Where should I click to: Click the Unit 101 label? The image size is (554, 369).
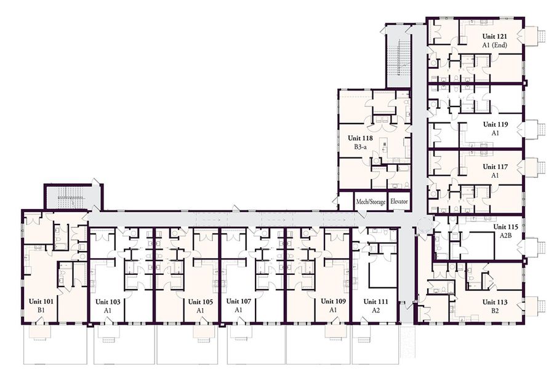point(41,302)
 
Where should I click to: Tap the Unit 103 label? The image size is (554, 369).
point(107,302)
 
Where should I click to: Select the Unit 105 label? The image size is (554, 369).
point(200,302)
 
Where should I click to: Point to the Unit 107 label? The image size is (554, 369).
point(238,302)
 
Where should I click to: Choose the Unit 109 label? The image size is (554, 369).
point(333,302)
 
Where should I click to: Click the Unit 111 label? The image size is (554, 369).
point(375,302)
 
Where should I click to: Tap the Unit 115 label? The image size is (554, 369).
point(507,226)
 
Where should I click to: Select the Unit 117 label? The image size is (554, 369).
point(495,167)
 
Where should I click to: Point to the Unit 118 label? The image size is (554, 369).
point(360,138)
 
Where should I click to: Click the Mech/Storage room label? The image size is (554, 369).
point(371,202)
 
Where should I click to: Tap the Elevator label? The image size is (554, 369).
point(399,202)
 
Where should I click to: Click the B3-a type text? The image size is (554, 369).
point(360,148)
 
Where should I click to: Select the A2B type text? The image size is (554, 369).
point(506,236)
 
